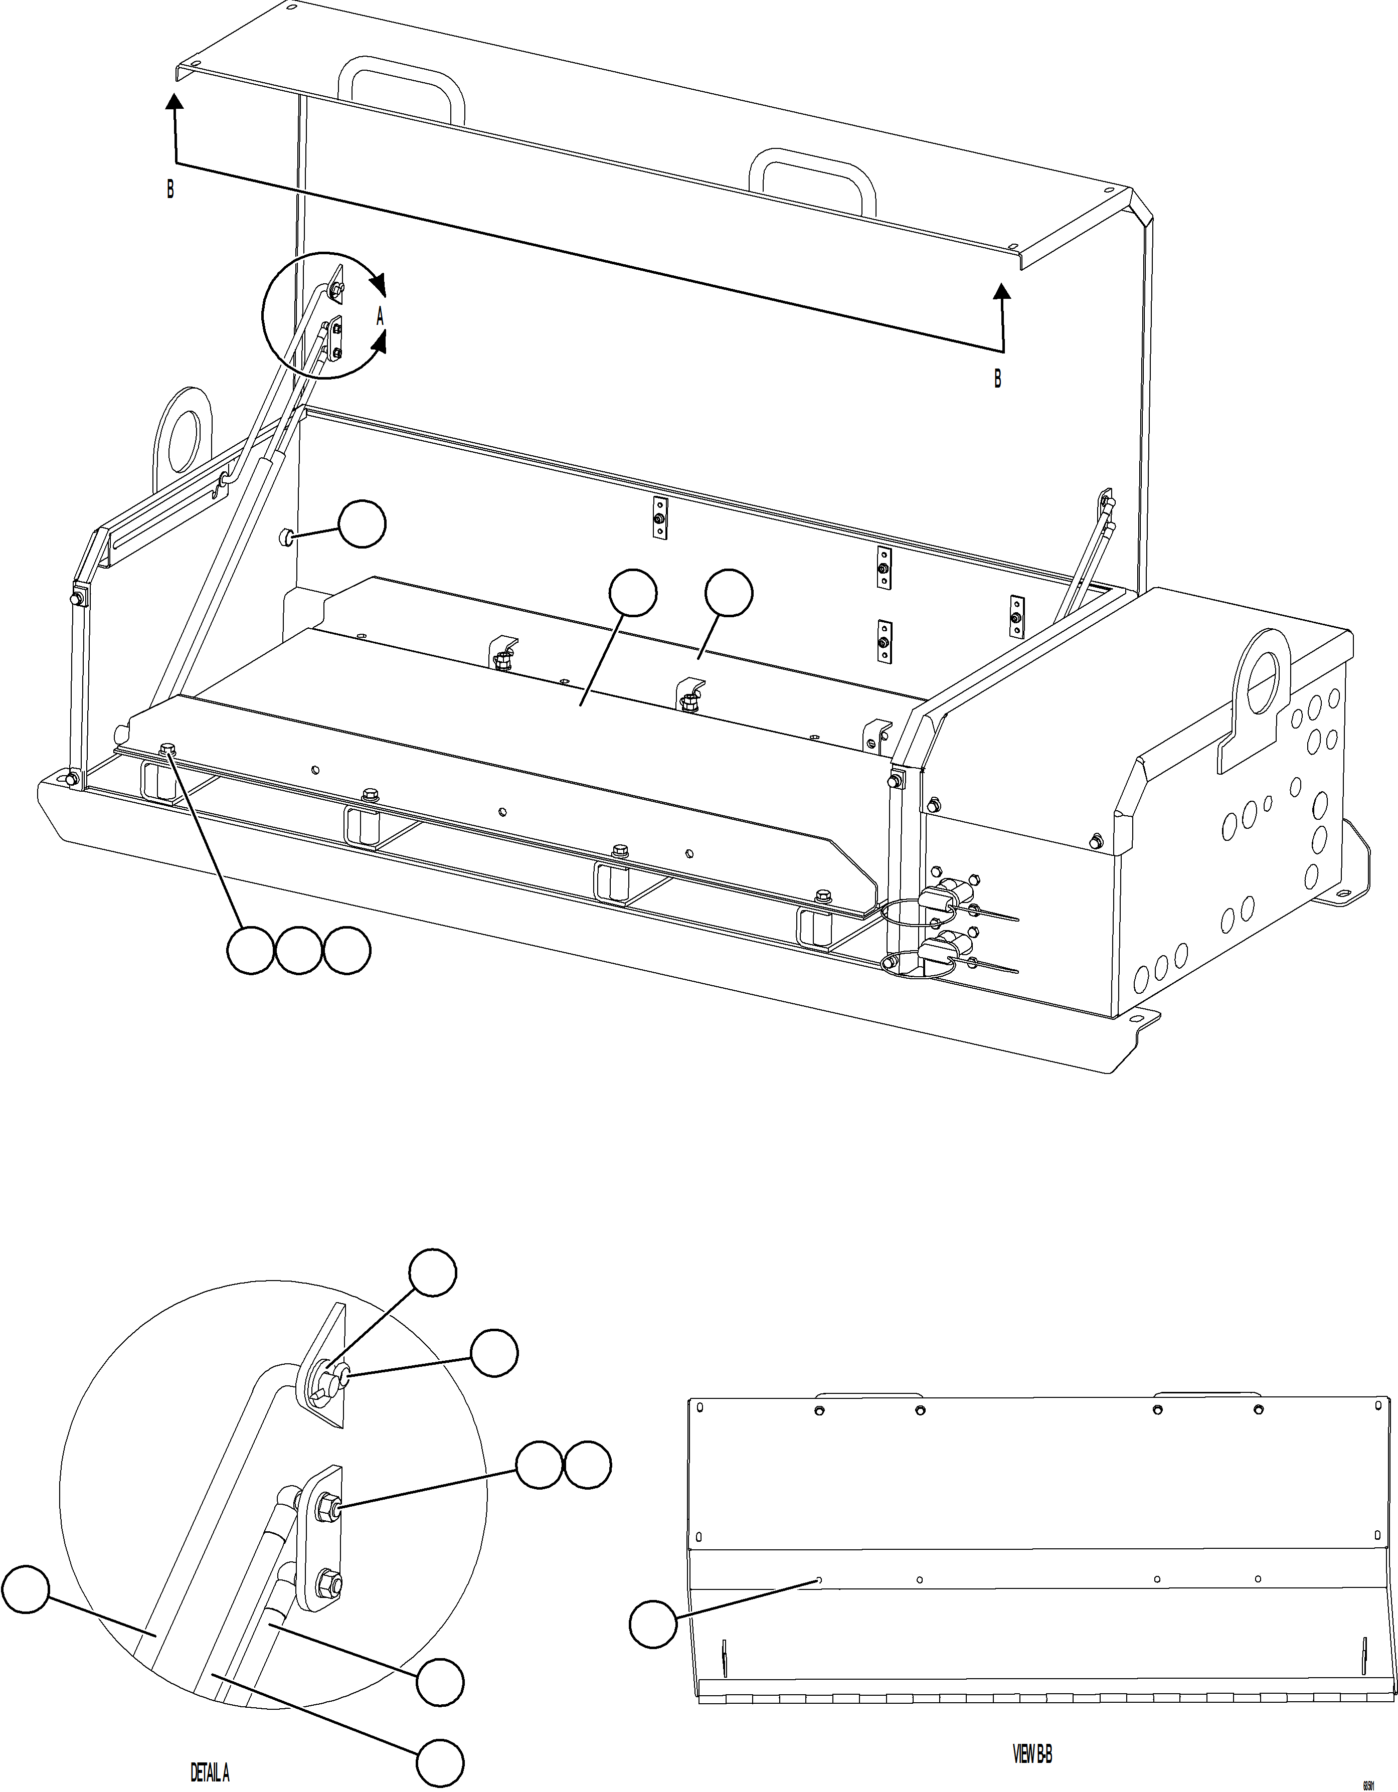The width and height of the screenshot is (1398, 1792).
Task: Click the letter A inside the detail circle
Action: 380,316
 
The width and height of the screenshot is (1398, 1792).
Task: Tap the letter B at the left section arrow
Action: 170,190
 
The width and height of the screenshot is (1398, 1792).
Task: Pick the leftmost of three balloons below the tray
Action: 250,952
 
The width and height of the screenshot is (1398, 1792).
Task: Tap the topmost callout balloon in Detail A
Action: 433,1273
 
